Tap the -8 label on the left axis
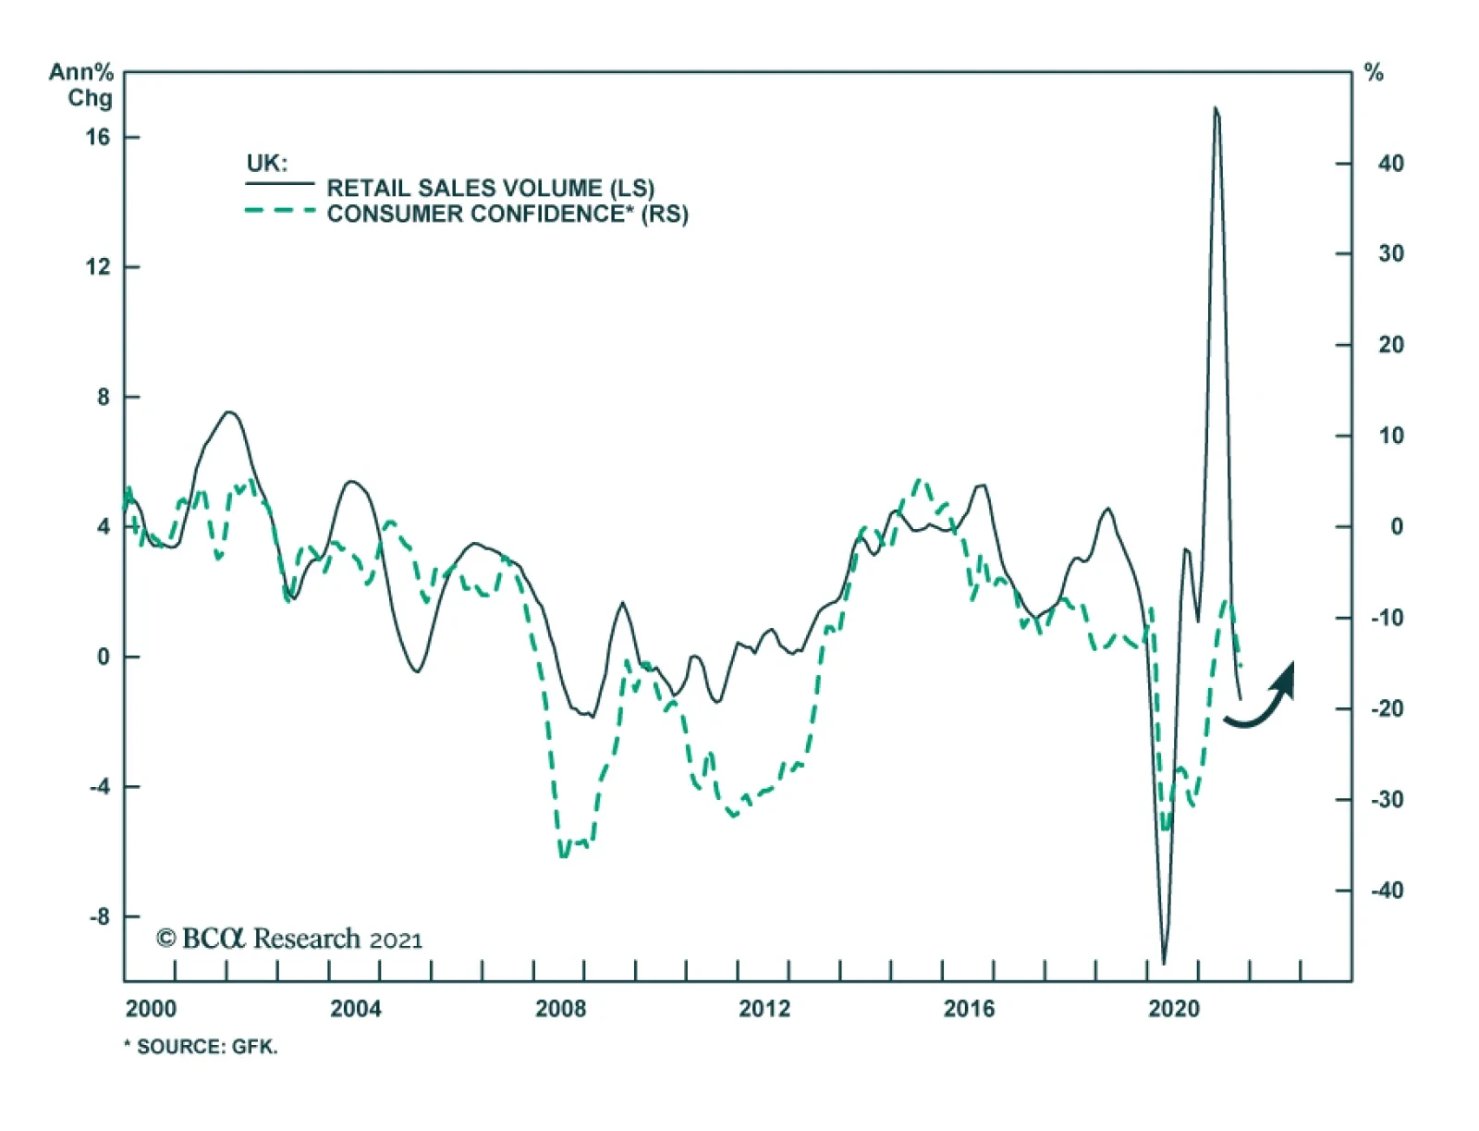click(x=99, y=916)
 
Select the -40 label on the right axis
click(x=1387, y=891)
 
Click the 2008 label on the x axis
click(x=560, y=1008)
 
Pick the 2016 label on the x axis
click(x=969, y=1008)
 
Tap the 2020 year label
click(x=1173, y=1008)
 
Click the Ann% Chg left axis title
click(x=82, y=84)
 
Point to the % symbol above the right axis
click(x=1375, y=73)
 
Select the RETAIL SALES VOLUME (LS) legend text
click(x=490, y=188)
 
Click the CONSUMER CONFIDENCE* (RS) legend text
click(x=507, y=214)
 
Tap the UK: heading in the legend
click(x=266, y=164)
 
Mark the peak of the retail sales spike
click(x=1215, y=109)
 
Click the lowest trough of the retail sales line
click(x=1164, y=963)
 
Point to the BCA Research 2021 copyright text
click(x=289, y=939)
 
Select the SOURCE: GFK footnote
click(x=202, y=1047)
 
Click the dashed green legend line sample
click(x=280, y=211)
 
